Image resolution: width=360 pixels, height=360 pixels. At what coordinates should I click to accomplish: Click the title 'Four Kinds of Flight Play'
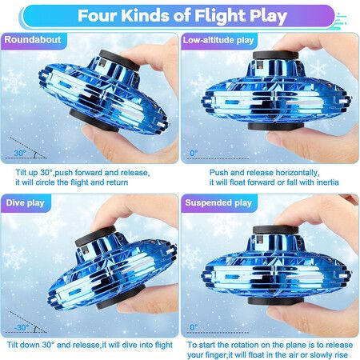[182, 16]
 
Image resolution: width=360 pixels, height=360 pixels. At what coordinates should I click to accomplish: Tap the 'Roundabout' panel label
[33, 40]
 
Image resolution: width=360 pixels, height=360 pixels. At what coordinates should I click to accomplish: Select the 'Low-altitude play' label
[218, 40]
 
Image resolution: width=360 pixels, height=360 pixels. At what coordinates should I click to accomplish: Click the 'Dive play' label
[25, 203]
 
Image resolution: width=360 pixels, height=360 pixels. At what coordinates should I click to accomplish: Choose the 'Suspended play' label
[218, 203]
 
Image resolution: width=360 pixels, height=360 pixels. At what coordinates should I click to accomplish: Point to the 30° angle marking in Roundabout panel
[20, 153]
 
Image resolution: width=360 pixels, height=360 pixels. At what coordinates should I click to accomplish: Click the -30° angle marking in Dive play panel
[22, 327]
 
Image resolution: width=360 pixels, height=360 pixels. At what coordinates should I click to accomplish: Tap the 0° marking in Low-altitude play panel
[194, 153]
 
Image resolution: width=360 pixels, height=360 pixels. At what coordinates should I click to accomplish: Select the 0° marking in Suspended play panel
[194, 327]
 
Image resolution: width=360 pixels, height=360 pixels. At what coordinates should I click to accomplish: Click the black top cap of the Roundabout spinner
[119, 60]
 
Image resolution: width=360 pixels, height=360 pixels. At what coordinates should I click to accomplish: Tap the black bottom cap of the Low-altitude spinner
[276, 126]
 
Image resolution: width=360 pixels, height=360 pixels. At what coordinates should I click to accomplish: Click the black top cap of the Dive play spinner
[95, 236]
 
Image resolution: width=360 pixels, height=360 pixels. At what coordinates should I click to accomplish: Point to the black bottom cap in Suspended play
[276, 301]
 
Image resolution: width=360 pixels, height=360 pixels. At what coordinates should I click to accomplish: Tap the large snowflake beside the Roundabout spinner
[14, 81]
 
